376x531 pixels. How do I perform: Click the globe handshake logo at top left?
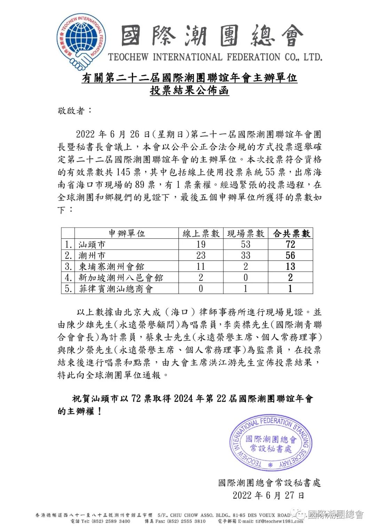pos(81,41)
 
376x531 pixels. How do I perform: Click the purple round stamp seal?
pos(271,442)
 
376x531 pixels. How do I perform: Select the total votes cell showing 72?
pos(290,244)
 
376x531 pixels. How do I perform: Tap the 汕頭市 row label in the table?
pos(92,244)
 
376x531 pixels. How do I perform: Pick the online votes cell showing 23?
pos(201,255)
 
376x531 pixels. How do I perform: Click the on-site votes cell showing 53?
pos(246,244)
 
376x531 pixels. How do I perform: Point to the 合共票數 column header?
pos(291,233)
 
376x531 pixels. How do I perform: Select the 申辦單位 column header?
pos(127,233)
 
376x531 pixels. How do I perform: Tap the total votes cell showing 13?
pos(290,267)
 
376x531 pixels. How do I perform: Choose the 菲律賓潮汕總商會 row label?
pos(116,288)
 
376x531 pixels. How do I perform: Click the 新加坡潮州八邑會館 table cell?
pos(120,278)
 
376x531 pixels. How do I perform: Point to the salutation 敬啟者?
pos(75,111)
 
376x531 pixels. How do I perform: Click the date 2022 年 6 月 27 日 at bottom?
pos(268,495)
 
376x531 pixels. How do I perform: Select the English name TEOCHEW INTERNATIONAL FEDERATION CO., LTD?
pos(215,57)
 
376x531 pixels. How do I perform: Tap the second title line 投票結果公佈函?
pos(189,90)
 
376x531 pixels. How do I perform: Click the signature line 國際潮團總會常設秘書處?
pos(269,483)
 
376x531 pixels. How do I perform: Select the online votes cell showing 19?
pos(201,244)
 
